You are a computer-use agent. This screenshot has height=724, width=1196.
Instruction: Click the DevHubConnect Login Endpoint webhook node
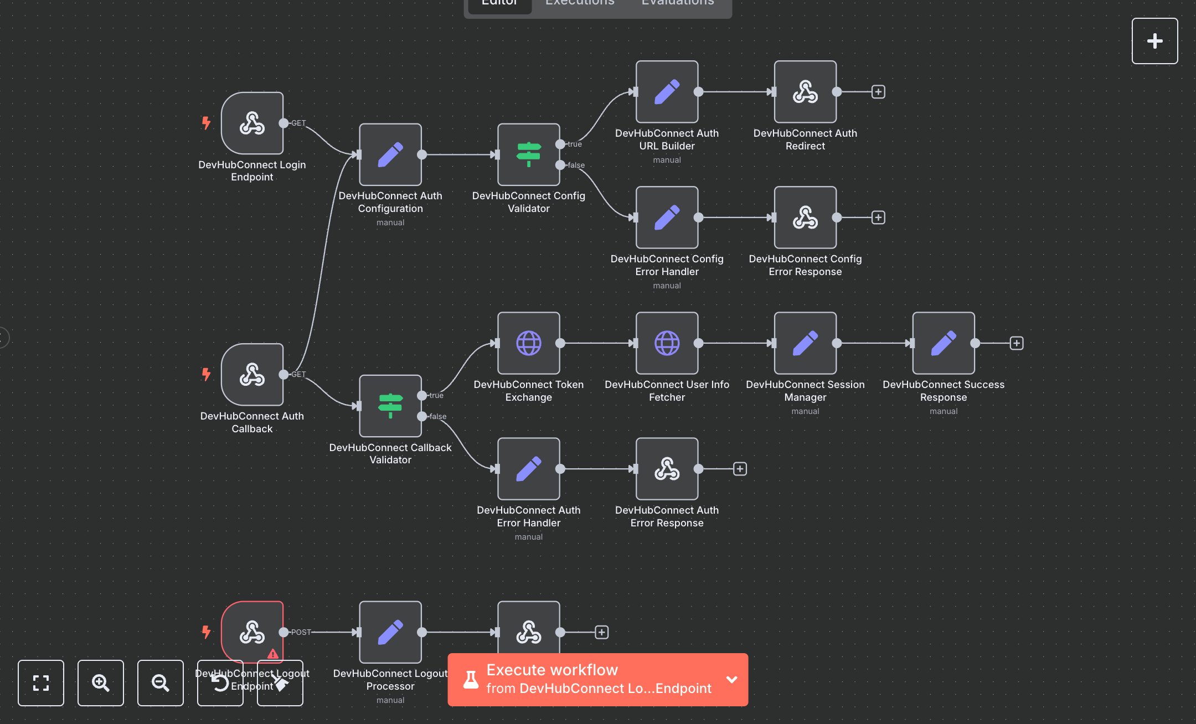[252, 123]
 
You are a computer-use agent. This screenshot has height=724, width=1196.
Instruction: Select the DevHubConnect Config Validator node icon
[528, 154]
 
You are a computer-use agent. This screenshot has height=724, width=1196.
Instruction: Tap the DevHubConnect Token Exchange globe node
[528, 343]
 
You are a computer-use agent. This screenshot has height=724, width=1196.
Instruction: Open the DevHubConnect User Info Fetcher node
[667, 343]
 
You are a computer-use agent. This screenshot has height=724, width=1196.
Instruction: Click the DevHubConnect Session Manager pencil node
[805, 343]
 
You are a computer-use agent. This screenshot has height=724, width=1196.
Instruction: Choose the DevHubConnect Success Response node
[944, 343]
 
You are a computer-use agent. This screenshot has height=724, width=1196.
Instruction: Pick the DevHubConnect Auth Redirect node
[805, 92]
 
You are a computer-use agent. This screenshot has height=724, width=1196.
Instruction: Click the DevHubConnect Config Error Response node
[805, 218]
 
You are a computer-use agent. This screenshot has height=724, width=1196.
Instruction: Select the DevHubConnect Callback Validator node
[390, 406]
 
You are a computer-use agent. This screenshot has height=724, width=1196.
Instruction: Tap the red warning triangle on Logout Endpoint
[273, 654]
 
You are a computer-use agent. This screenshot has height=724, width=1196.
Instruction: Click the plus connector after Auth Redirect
[878, 92]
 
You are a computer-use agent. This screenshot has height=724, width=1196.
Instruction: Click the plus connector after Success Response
[1017, 343]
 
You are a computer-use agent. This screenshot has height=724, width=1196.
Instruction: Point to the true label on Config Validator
[575, 144]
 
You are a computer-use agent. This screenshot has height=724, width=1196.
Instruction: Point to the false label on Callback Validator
[437, 416]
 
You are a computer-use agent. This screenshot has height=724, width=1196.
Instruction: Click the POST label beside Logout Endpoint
[301, 632]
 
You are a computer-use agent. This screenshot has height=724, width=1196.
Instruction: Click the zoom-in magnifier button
[101, 683]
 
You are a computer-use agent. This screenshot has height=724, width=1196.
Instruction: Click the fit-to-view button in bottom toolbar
[41, 683]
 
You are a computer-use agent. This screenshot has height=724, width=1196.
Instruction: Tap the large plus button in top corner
[1154, 41]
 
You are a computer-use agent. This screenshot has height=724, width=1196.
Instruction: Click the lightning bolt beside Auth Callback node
[206, 374]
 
